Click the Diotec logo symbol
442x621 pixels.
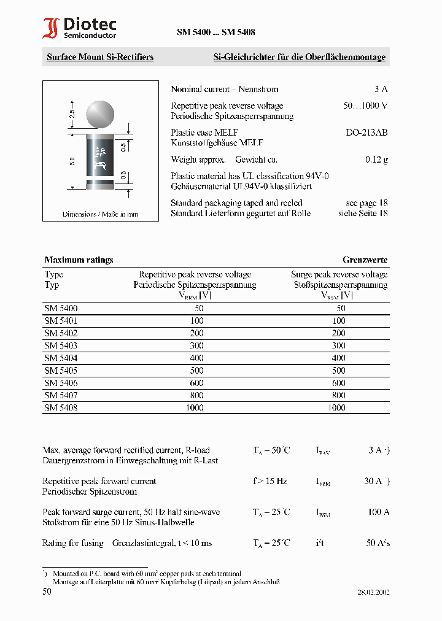[x=50, y=28]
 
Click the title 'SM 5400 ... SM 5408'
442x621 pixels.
[x=216, y=33]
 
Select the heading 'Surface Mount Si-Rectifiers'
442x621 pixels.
[x=100, y=57]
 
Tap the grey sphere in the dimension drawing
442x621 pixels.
[x=100, y=114]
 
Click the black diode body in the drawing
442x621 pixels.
[x=100, y=157]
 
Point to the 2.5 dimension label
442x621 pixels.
[x=72, y=114]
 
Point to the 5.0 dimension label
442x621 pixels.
[x=72, y=161]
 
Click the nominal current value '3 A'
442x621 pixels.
[x=381, y=89]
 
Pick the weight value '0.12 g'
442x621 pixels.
[x=376, y=160]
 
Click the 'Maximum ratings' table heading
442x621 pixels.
[x=79, y=260]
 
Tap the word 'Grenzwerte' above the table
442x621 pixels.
[x=365, y=260]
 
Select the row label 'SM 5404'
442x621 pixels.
[x=61, y=358]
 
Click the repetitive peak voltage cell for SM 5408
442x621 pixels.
[x=195, y=407]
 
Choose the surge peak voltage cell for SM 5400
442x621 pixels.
[x=340, y=308]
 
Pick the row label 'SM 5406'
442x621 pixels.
[x=61, y=383]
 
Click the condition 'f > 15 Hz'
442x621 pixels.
[x=269, y=481]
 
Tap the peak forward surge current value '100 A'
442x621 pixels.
[x=378, y=512]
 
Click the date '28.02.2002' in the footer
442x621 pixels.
[x=373, y=593]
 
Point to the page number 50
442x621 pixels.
[x=47, y=592]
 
